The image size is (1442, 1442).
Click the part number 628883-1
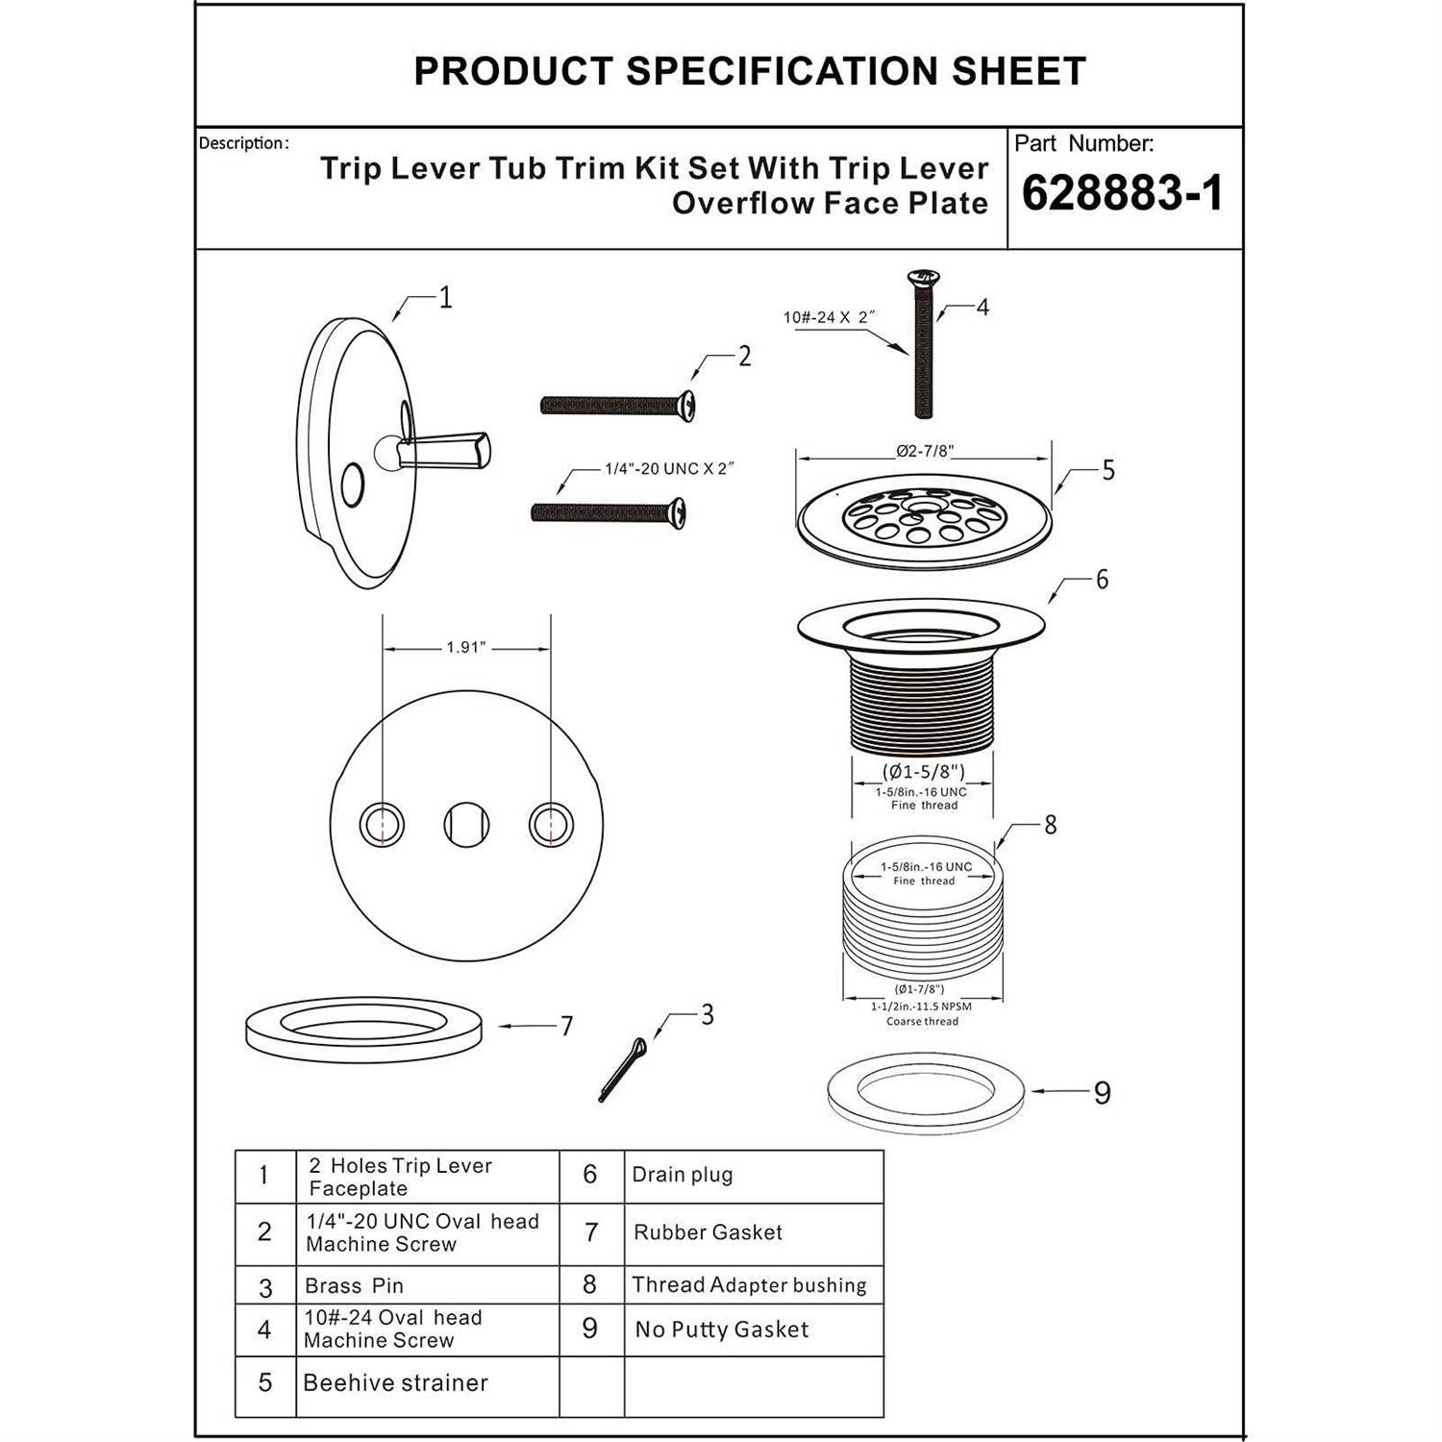pyautogui.click(x=1122, y=193)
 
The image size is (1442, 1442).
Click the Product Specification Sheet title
pyautogui.click(x=750, y=71)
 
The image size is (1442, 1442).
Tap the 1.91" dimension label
pyautogui.click(x=466, y=648)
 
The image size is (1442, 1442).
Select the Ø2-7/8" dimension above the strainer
pyautogui.click(x=925, y=451)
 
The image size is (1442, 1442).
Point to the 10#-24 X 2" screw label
pyautogui.click(x=830, y=317)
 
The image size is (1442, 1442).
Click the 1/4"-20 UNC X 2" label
pyautogui.click(x=669, y=469)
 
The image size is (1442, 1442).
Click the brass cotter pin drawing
pyautogui.click(x=622, y=1069)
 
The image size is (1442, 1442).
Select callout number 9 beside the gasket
pyautogui.click(x=1102, y=1093)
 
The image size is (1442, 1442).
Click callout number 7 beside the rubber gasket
pyautogui.click(x=567, y=1027)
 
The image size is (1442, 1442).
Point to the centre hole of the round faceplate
pyautogui.click(x=466, y=825)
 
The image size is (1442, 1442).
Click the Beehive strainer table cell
pyautogui.click(x=395, y=1383)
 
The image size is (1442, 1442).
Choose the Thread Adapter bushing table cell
pyautogui.click(x=749, y=1285)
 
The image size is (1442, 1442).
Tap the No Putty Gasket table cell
pyautogui.click(x=722, y=1330)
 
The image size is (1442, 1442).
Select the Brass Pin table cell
pyautogui.click(x=354, y=1286)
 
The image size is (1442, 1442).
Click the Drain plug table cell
pyautogui.click(x=683, y=1175)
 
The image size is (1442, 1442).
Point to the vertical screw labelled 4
pyautogui.click(x=922, y=346)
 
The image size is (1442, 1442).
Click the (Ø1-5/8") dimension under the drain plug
pyautogui.click(x=923, y=771)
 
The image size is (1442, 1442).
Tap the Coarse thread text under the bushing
pyautogui.click(x=922, y=1021)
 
